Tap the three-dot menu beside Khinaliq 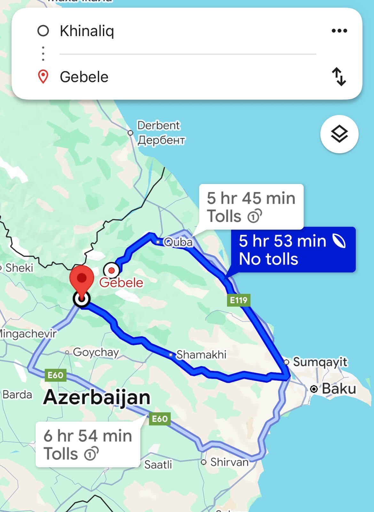[x=339, y=31]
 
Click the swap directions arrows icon [x=339, y=76]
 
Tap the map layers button [x=339, y=134]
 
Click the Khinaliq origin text [x=87, y=31]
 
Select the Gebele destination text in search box [x=84, y=77]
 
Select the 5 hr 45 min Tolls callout [x=251, y=207]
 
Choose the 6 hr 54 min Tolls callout [x=88, y=444]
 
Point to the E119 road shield [x=239, y=300]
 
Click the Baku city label [x=339, y=389]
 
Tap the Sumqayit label [x=320, y=362]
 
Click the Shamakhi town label [x=201, y=354]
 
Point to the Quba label [x=178, y=242]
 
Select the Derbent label [x=159, y=126]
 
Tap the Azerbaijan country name [x=97, y=397]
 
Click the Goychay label [x=96, y=352]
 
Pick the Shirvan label [x=229, y=462]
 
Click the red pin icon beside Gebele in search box [x=43, y=77]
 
